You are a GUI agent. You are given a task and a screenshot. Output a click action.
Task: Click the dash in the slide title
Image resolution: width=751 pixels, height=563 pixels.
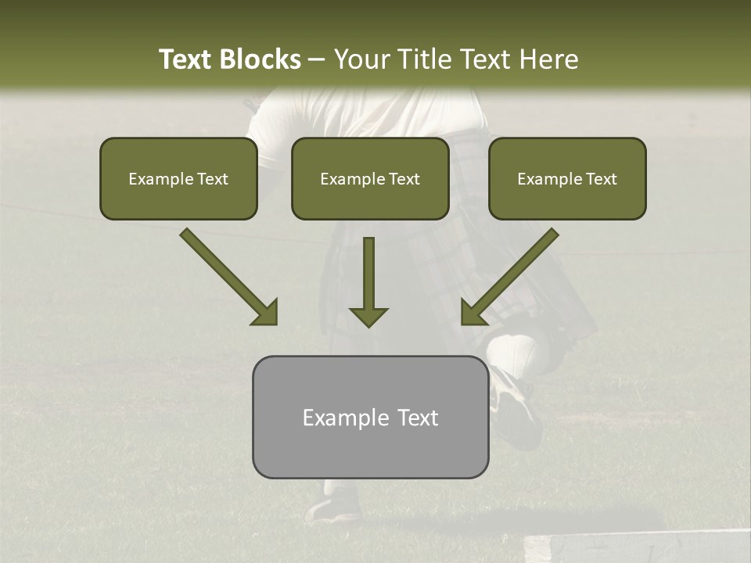coord(317,60)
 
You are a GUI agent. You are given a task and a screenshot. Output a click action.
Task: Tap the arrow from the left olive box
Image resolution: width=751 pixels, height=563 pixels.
coord(228,276)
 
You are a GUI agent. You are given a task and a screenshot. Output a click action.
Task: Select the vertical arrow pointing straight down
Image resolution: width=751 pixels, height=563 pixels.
coord(368,278)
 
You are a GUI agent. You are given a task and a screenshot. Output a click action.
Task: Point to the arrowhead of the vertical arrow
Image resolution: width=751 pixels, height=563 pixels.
coord(368,317)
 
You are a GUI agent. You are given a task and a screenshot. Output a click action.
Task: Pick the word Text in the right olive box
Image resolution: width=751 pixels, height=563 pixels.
coord(601,179)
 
